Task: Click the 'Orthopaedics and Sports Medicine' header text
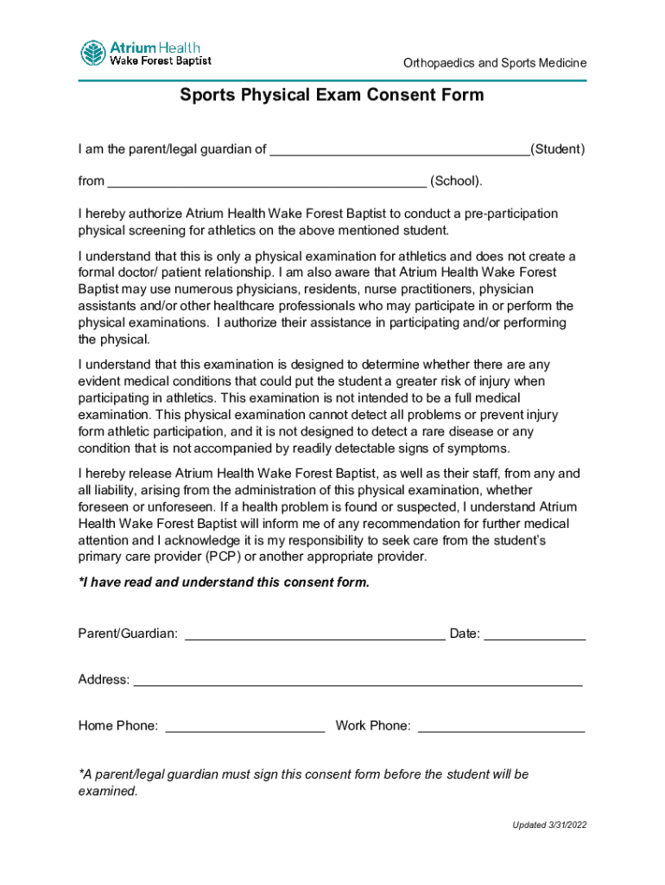tap(495, 63)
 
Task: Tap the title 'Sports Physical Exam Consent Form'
tap(332, 95)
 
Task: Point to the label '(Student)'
tap(557, 150)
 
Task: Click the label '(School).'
tap(456, 181)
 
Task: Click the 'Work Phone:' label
tap(373, 726)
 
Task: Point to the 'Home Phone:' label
tap(118, 726)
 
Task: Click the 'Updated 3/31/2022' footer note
tap(549, 825)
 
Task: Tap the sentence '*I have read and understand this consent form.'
tap(224, 583)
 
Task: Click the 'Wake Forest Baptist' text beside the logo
tap(159, 60)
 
